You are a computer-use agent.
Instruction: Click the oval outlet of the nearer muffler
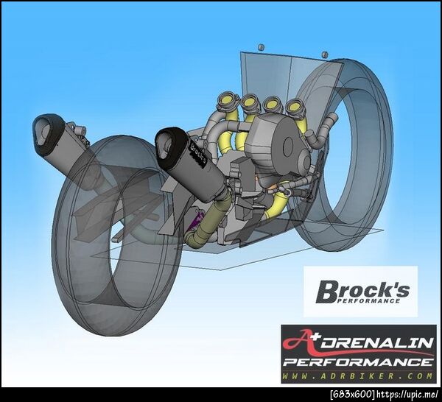[x=167, y=144]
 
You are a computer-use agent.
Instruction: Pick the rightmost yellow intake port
[x=295, y=107]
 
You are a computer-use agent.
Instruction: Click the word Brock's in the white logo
[x=362, y=290]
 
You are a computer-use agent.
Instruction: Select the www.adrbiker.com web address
[x=357, y=375]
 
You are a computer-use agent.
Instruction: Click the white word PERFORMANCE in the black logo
[x=357, y=362]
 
